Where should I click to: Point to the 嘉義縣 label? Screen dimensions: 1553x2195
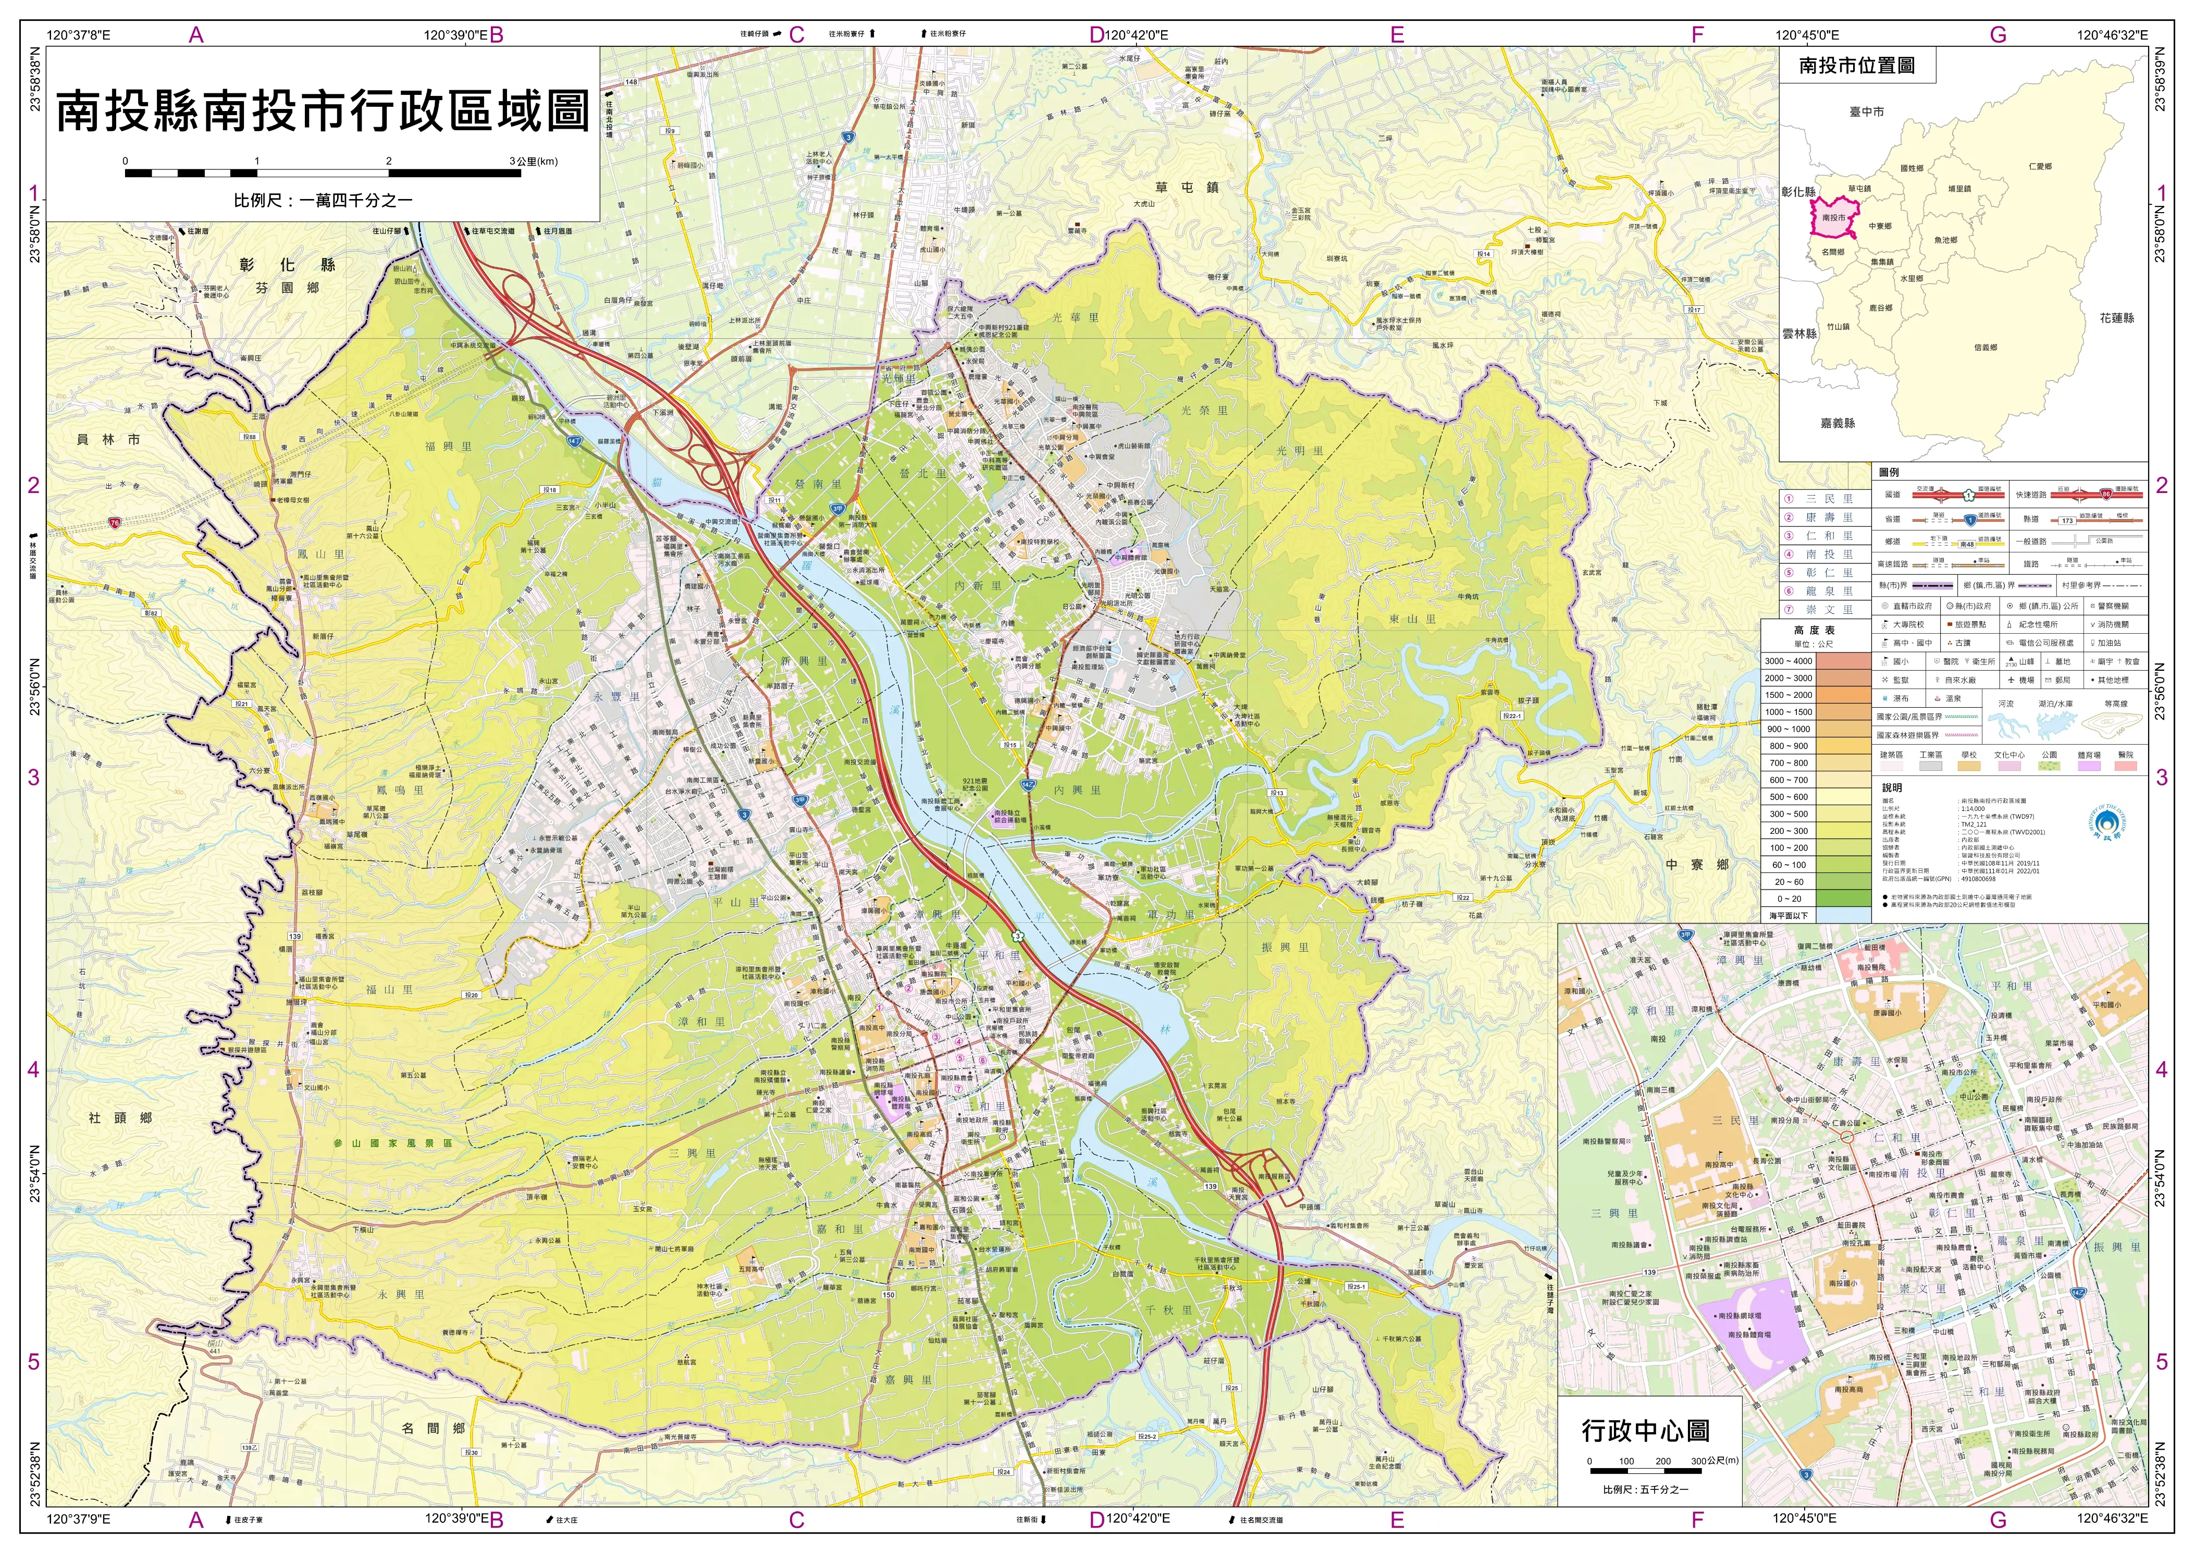tap(1838, 423)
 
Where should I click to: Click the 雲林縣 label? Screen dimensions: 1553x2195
tap(1799, 334)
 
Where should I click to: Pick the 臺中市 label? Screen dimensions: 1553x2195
tap(1866, 112)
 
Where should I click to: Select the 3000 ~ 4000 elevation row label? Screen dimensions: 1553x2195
tap(1788, 661)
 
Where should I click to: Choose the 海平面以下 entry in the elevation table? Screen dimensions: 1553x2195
tap(1788, 915)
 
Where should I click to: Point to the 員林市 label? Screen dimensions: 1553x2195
tap(108, 439)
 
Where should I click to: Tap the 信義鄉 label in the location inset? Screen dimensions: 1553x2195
tap(1984, 347)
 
